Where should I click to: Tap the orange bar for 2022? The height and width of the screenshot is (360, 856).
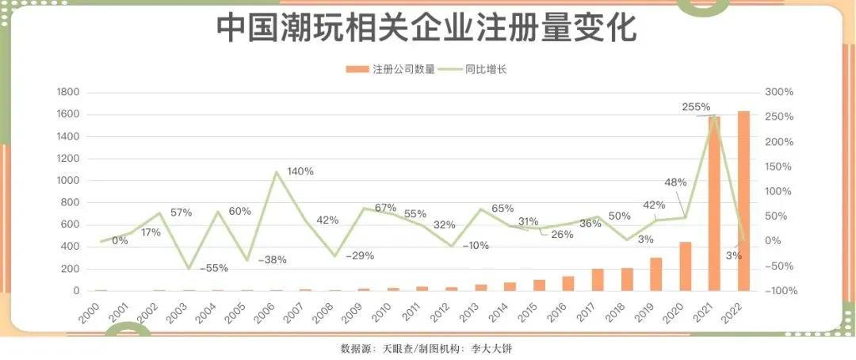[x=743, y=201]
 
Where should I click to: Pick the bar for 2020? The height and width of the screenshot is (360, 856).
[x=685, y=266]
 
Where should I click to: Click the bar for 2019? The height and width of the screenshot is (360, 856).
[x=655, y=274]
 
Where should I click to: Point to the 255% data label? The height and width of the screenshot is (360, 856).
[x=696, y=106]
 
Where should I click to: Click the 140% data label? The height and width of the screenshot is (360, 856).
[x=300, y=171]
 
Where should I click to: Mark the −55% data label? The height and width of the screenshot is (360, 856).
[x=213, y=268]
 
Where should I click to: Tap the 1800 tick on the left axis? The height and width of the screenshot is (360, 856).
[x=68, y=93]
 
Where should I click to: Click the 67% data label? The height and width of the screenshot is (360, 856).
[x=385, y=208]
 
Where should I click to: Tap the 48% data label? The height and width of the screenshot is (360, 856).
[x=674, y=182]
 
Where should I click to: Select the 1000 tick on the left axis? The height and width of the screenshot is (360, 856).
[x=68, y=181]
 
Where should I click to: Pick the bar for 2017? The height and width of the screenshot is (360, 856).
[x=598, y=280]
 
